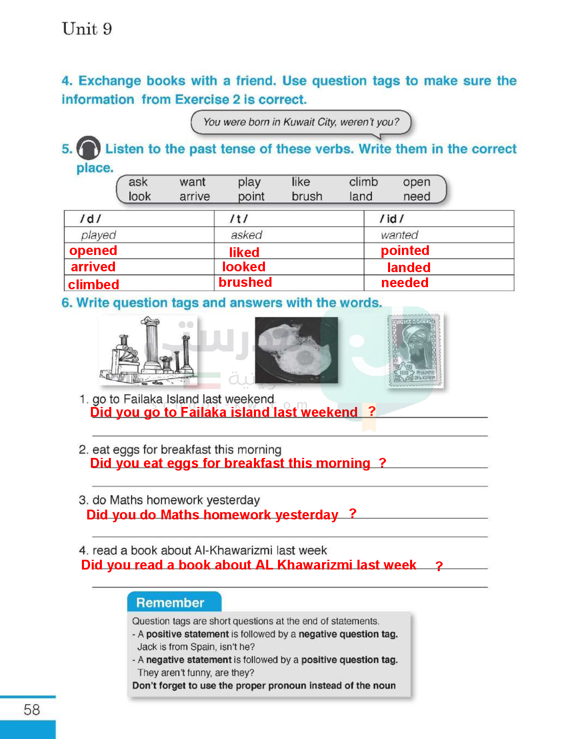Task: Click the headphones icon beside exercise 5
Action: click(x=88, y=148)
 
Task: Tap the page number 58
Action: click(x=31, y=710)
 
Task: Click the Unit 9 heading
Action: click(x=87, y=29)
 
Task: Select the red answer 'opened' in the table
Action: click(x=93, y=251)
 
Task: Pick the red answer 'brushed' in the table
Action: click(x=245, y=282)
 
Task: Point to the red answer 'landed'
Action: click(x=408, y=267)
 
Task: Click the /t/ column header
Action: click(x=238, y=219)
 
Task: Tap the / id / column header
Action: click(x=391, y=219)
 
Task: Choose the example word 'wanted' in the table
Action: click(x=399, y=235)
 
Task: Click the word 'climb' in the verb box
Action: click(x=363, y=182)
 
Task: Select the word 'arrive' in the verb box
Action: click(x=194, y=197)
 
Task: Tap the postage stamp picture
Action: click(x=415, y=350)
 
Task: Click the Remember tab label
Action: click(x=170, y=603)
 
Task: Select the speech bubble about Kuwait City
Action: click(x=301, y=122)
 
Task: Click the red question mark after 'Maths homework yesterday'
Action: click(x=353, y=513)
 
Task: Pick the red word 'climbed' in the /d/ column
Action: click(x=93, y=284)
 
